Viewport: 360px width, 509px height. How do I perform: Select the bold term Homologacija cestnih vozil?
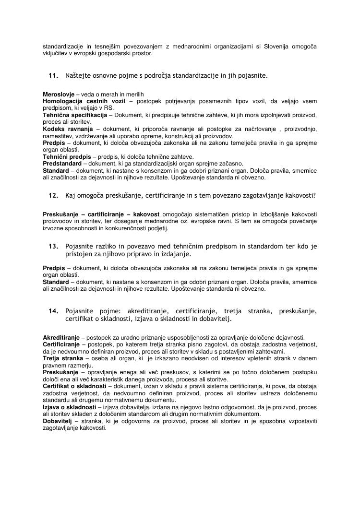point(84,101)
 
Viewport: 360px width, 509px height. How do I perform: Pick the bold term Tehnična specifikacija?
point(74,115)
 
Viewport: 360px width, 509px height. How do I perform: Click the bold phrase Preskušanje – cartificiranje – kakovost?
point(101,213)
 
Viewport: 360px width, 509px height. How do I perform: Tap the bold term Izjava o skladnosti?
point(69,407)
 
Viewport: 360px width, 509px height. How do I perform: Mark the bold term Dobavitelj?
point(58,421)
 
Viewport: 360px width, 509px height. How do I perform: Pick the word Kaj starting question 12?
point(71,195)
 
